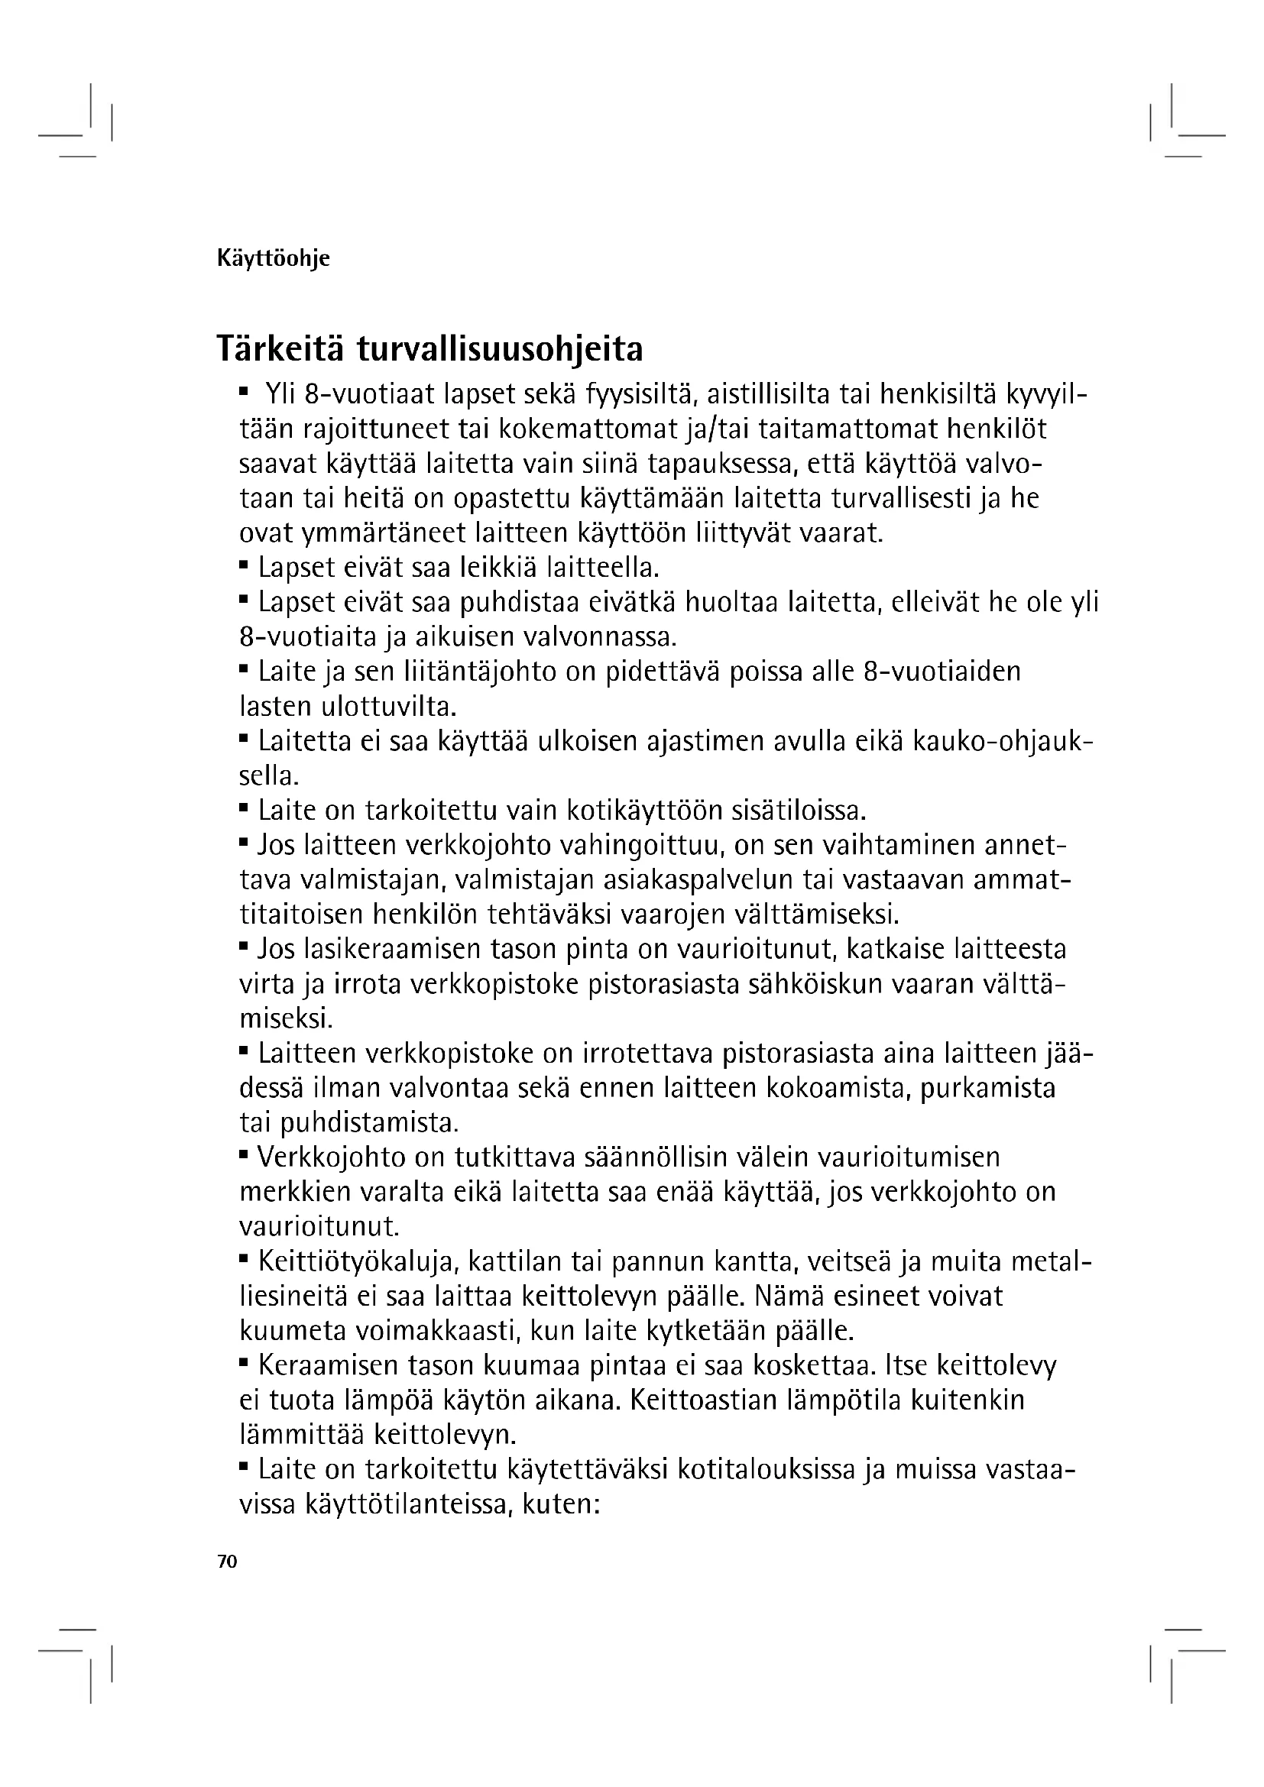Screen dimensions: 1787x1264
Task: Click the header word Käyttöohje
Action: click(273, 258)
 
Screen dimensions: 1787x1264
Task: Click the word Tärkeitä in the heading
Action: click(280, 348)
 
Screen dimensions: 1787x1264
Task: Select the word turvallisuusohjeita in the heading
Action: click(500, 350)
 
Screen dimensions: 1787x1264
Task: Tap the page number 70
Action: click(227, 1562)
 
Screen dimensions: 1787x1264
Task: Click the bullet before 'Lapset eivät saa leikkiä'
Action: click(244, 563)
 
